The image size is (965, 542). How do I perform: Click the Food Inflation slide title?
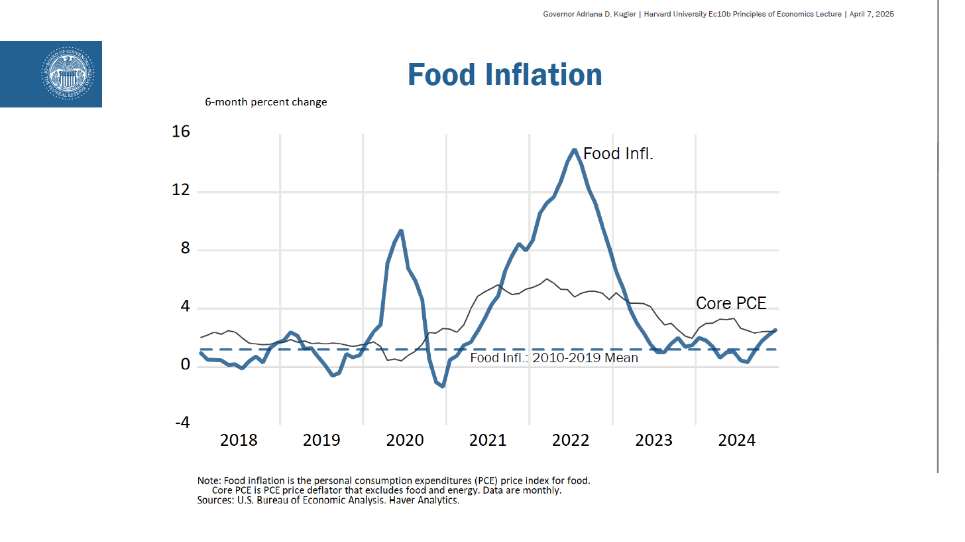pyautogui.click(x=504, y=74)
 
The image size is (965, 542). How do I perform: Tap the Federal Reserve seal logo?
pyautogui.click(x=68, y=74)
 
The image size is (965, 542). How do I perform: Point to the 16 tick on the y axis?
pyautogui.click(x=180, y=132)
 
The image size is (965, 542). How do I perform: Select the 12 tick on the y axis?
pyautogui.click(x=180, y=190)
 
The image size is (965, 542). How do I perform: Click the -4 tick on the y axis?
pyautogui.click(x=182, y=423)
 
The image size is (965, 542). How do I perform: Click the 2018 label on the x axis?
pyautogui.click(x=239, y=440)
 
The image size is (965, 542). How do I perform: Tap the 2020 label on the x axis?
pyautogui.click(x=404, y=440)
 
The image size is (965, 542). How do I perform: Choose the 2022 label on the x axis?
pyautogui.click(x=571, y=440)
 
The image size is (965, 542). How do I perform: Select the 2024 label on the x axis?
pyautogui.click(x=737, y=440)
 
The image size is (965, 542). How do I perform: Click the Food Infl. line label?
pyautogui.click(x=618, y=154)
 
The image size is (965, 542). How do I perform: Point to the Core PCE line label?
pyautogui.click(x=731, y=304)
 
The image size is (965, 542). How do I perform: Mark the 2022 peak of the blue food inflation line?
pyautogui.click(x=575, y=150)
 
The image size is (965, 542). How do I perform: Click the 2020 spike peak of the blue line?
pyautogui.click(x=401, y=231)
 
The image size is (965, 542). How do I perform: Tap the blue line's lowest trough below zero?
pyautogui.click(x=442, y=385)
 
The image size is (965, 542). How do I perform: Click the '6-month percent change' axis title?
pyautogui.click(x=266, y=102)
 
